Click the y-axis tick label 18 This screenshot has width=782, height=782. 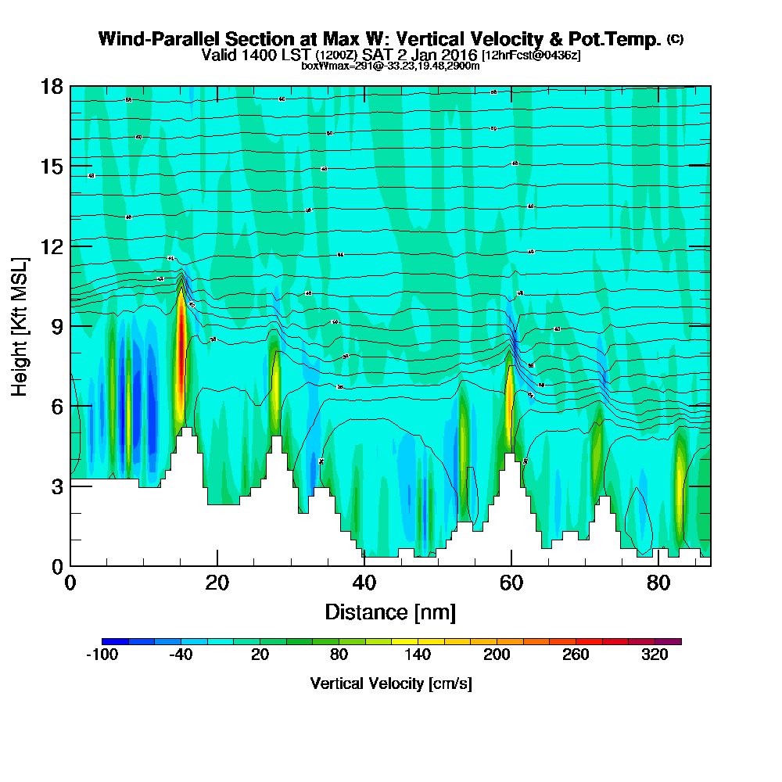point(52,86)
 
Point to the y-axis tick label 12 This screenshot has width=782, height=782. point(52,246)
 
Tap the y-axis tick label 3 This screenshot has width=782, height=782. point(56,486)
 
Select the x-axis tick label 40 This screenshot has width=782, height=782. point(364,583)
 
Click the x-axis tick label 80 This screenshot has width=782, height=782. point(658,583)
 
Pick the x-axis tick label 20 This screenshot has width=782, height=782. point(217,583)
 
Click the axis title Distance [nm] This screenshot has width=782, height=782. point(390,612)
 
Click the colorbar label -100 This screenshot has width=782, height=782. point(102,655)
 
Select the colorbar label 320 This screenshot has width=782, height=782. point(655,655)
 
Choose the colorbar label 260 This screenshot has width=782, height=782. point(576,655)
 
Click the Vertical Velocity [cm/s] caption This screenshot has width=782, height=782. point(390,683)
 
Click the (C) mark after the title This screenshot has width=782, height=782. point(675,38)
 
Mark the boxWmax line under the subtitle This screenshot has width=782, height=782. point(390,66)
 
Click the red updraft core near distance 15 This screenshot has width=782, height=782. point(181,344)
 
